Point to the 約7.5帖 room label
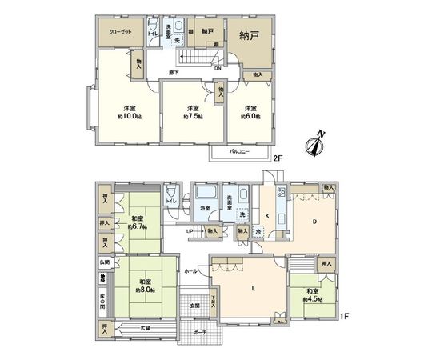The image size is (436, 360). click(192, 113)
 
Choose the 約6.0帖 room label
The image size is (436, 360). click(250, 113)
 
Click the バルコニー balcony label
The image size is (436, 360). click(239, 150)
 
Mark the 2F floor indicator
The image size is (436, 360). click(278, 158)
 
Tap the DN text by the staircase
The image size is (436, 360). click(218, 67)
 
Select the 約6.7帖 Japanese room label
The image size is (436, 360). click(138, 221)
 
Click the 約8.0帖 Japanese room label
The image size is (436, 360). click(146, 286)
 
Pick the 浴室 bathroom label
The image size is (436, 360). click(206, 208)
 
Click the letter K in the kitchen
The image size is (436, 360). click(267, 215)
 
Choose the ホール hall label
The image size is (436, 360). click(190, 270)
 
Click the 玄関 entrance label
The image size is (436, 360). click(194, 306)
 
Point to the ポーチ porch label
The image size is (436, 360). click(200, 332)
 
